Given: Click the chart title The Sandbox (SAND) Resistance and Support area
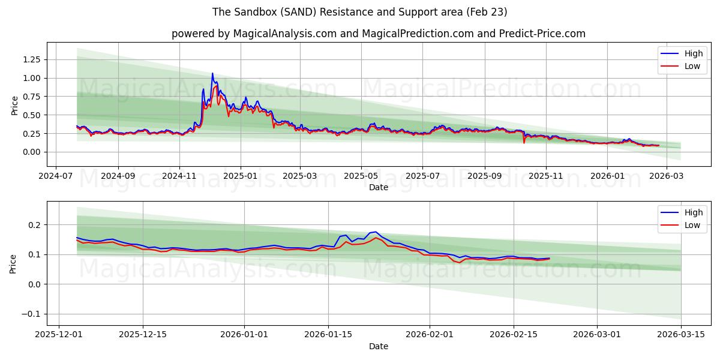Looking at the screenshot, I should point(360,12).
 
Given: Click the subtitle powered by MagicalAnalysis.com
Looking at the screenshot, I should point(378,34).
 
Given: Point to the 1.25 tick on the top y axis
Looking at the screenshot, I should point(31,59).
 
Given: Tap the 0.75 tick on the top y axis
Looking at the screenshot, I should point(31,97).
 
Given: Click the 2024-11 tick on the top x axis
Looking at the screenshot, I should point(179,177).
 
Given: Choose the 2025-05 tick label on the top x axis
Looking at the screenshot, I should point(361,177).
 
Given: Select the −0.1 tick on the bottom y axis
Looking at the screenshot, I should point(31,314).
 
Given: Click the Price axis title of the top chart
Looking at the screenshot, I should point(15,105).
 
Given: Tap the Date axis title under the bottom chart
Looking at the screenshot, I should point(379,346).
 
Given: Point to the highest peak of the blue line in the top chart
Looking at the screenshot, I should point(212,74).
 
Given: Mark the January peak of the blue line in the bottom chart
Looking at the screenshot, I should point(375,232).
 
